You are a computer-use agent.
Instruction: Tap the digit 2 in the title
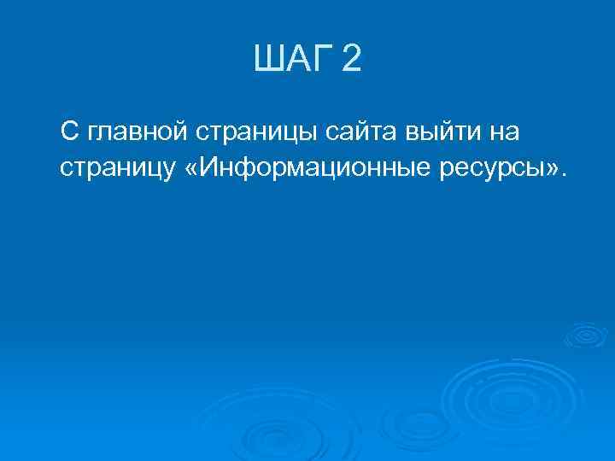(350, 61)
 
